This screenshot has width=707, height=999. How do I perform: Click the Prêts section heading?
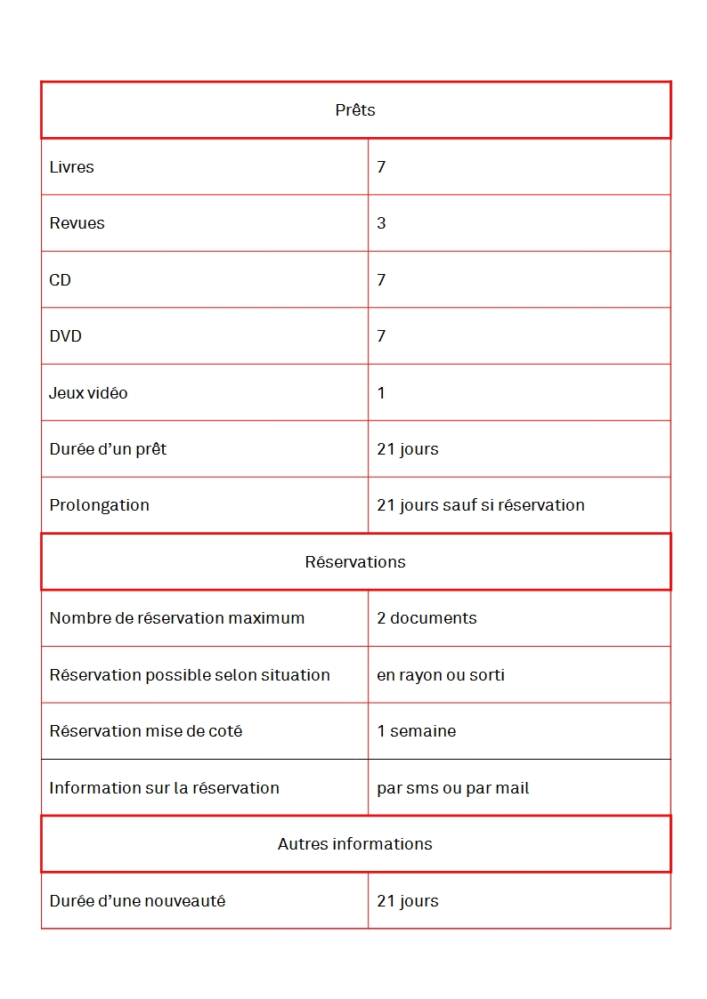coord(355,110)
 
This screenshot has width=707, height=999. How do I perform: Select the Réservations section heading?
coord(355,562)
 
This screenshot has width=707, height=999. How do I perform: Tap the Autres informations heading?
coord(355,844)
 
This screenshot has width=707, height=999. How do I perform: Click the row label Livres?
coord(71,167)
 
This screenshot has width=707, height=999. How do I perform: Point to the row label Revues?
coord(77,223)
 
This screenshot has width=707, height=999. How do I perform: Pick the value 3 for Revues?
coord(381,223)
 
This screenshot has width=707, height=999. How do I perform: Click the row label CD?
coord(60,280)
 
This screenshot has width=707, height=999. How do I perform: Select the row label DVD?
coord(65,336)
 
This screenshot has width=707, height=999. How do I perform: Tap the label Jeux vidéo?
coord(88,393)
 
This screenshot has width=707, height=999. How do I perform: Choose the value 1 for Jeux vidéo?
coord(381,393)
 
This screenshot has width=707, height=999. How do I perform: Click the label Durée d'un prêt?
coord(108,449)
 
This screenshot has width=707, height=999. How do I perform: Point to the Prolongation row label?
coord(99,505)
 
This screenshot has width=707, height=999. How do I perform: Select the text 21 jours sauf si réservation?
coord(481,505)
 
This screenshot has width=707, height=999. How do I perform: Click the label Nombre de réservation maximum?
coord(176,618)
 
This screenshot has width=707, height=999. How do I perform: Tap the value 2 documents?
coord(427,618)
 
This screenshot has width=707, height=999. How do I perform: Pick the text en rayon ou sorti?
coord(441,675)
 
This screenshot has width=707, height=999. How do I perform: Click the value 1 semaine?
coord(416,731)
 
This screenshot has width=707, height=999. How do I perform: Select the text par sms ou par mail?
coord(453,788)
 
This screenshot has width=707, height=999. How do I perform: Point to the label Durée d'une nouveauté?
coord(137,901)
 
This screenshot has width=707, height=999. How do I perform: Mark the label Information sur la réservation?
coord(164,788)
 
